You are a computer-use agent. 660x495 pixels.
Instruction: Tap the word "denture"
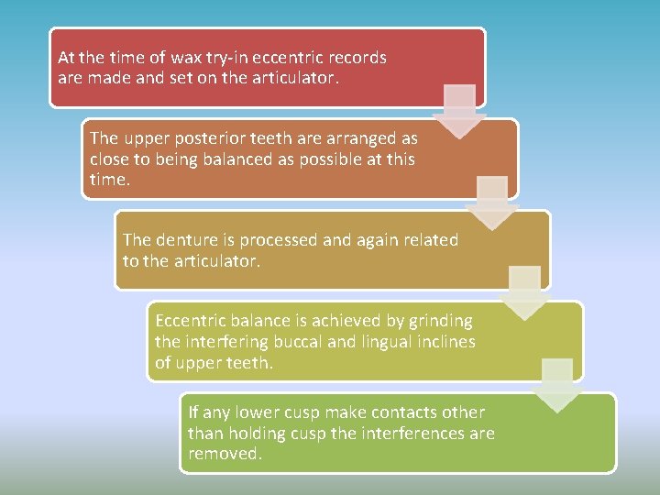click(x=186, y=240)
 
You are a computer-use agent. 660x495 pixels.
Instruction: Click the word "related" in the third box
click(x=428, y=240)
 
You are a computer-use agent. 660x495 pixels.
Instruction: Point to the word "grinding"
click(x=439, y=321)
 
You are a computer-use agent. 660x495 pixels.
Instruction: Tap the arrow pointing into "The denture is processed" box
click(x=492, y=202)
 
